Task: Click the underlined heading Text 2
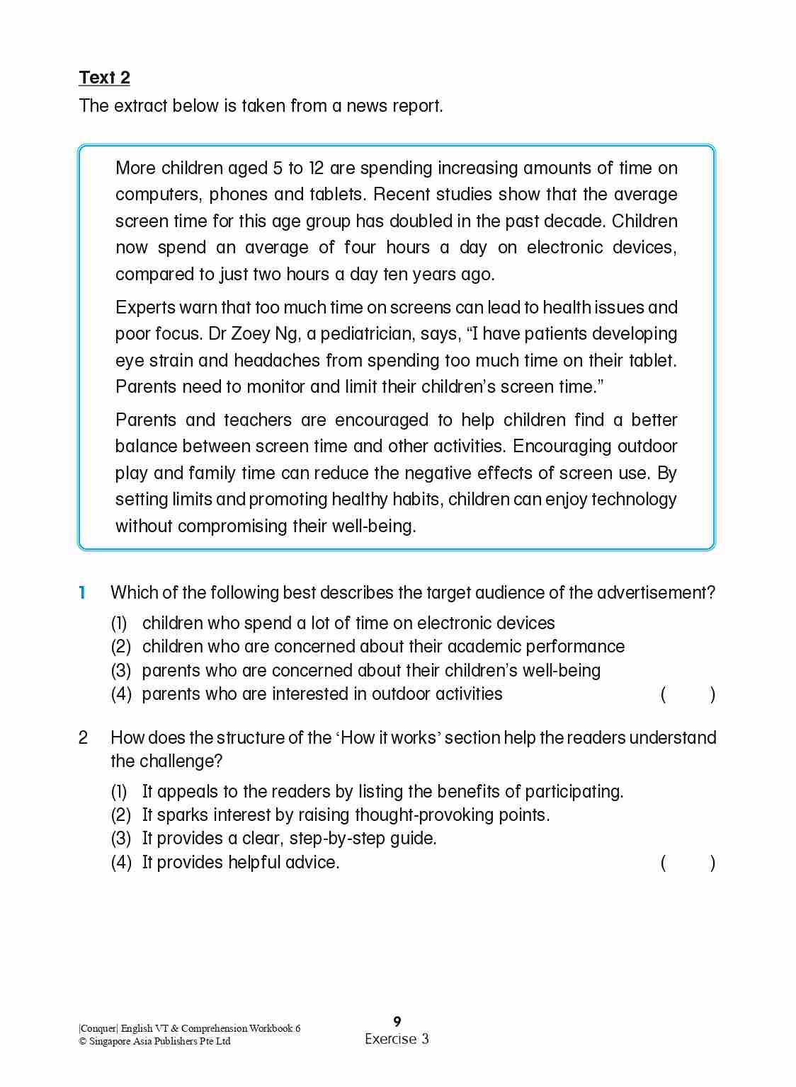[x=104, y=77]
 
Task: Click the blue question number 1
[x=82, y=592]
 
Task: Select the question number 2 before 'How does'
[x=83, y=737]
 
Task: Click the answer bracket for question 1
[x=687, y=694]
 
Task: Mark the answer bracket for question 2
[x=687, y=863]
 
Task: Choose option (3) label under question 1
[x=121, y=671]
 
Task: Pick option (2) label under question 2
[x=121, y=815]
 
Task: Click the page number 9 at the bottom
[x=397, y=1021]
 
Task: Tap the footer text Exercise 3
[x=397, y=1039]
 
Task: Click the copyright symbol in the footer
[x=83, y=1042]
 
